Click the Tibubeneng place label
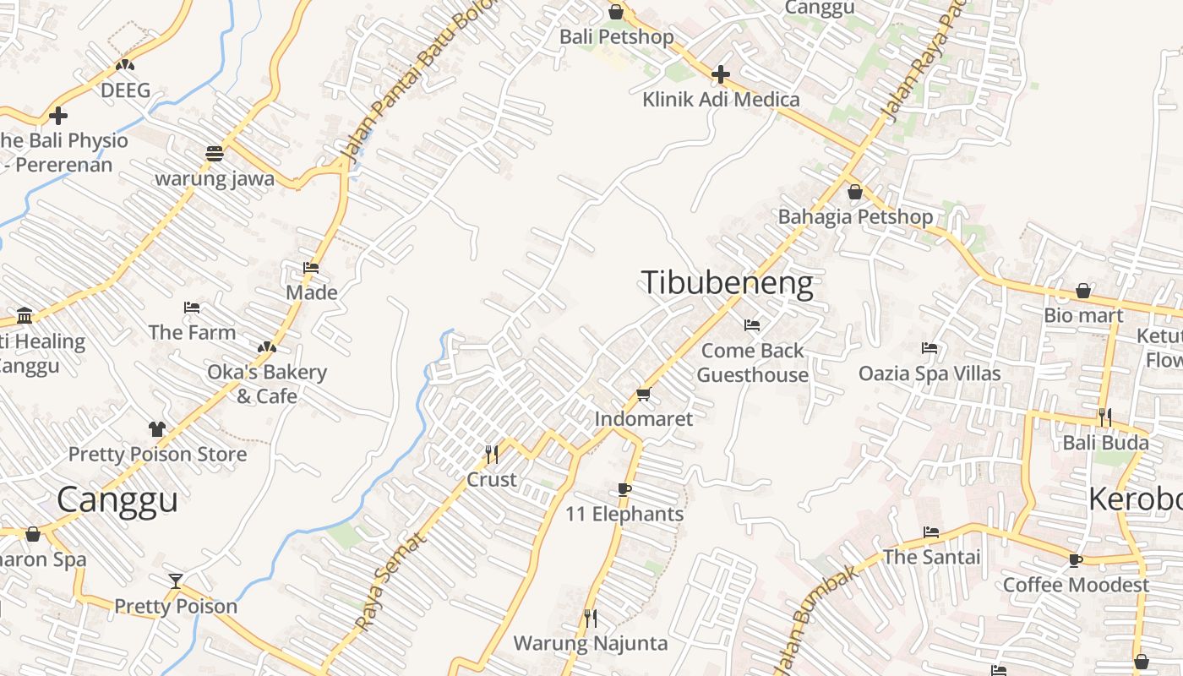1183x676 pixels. [728, 282]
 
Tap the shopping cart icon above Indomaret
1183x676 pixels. [643, 394]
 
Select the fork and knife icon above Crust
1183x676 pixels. [491, 455]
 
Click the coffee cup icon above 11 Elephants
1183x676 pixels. [624, 489]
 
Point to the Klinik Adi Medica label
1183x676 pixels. [721, 99]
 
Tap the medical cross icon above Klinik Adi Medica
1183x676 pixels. [720, 74]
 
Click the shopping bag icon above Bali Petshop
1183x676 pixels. [616, 12]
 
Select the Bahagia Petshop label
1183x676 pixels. [855, 216]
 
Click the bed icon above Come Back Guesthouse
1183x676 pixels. [752, 325]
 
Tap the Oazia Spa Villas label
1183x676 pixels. [929, 373]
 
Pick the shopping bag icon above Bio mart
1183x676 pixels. [1083, 292]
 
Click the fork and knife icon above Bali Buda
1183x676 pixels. [1104, 417]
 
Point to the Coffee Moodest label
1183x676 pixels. [1076, 585]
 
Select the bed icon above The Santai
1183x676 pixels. [931, 532]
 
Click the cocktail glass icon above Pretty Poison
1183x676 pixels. [176, 581]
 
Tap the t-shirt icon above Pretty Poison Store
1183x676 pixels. [157, 429]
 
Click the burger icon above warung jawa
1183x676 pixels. [215, 154]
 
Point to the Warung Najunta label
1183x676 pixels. [591, 643]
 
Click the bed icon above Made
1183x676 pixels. [311, 268]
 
